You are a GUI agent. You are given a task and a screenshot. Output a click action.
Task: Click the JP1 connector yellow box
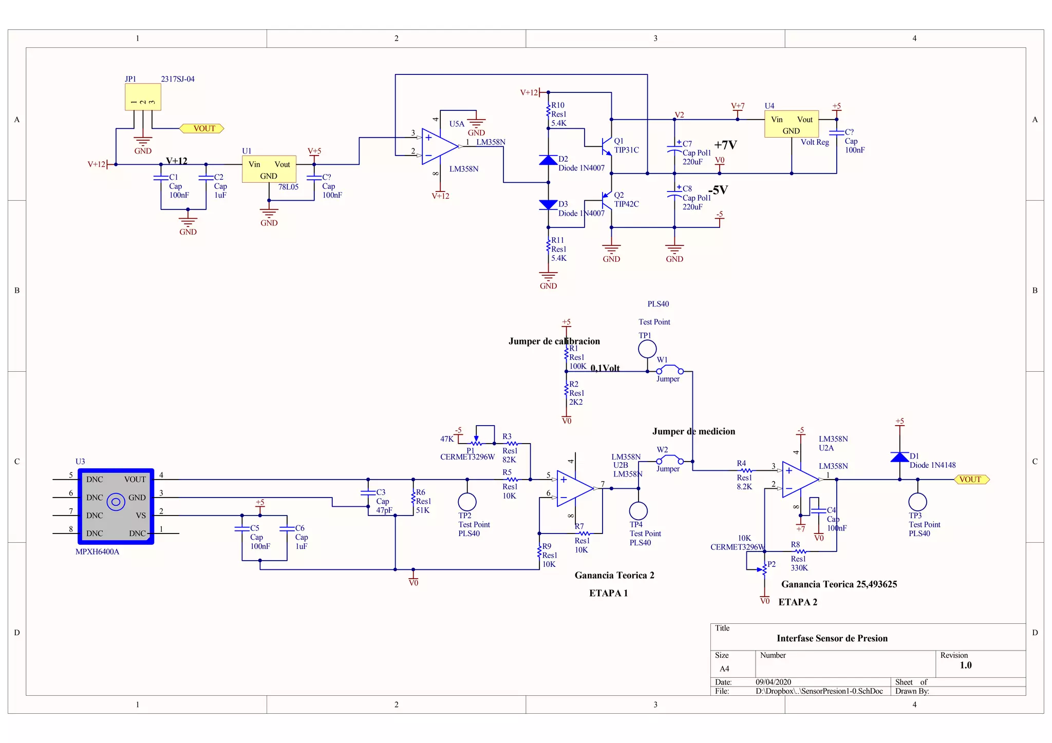tap(143, 97)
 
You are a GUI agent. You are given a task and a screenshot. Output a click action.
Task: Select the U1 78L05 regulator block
tap(269, 169)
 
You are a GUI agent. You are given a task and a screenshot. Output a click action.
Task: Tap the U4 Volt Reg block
tap(791, 125)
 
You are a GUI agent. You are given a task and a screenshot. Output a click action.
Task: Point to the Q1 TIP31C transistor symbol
tap(606, 146)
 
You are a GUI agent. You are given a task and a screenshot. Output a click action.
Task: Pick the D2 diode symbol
tap(548, 160)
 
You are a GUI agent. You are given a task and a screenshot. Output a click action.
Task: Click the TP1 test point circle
tap(647, 349)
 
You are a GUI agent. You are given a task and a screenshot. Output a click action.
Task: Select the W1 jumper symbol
tap(670, 370)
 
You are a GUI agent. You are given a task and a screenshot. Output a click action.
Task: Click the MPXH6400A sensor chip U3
tap(116, 506)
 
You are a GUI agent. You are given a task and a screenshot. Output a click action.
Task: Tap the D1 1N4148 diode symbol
tap(899, 457)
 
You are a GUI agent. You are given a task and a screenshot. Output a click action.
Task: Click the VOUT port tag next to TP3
tap(971, 480)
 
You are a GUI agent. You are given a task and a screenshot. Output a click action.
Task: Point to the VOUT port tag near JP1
tap(202, 128)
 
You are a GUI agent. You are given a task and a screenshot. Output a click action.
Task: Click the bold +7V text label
tap(725, 145)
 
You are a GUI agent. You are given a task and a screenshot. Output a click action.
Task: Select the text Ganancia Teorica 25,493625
tap(839, 584)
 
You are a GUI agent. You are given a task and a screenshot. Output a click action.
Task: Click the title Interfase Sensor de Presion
tap(832, 638)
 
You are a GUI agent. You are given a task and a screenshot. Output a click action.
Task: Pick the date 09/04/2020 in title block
tap(773, 682)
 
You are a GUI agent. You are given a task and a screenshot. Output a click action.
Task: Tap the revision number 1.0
tap(965, 665)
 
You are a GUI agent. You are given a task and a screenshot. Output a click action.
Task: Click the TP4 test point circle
tap(638, 510)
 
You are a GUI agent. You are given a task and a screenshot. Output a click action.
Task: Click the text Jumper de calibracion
tap(554, 341)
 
